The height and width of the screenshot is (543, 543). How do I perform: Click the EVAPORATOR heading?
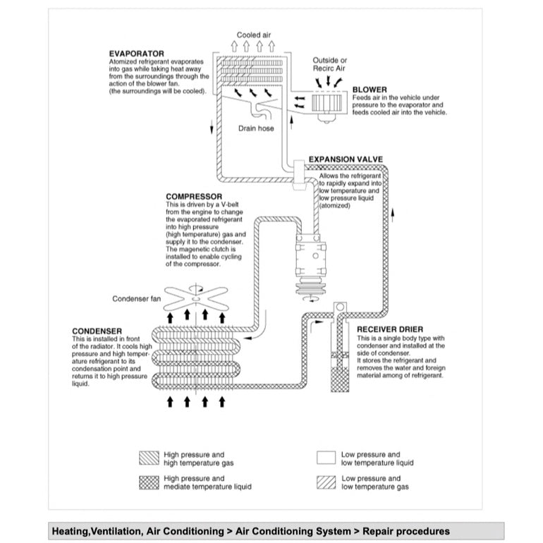pos(136,54)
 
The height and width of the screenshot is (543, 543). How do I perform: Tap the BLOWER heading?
pos(369,90)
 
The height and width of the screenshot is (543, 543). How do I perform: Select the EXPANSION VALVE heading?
pos(345,159)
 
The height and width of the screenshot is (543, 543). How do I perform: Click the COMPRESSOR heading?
pos(193,197)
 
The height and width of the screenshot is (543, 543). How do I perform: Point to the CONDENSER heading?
pos(97,331)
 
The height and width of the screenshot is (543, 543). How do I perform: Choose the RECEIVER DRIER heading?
pos(389,329)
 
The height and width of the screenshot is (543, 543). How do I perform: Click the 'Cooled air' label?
pos(254,35)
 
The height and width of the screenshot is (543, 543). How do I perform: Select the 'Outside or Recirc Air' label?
pos(329,65)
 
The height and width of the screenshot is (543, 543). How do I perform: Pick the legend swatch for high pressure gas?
pos(149,458)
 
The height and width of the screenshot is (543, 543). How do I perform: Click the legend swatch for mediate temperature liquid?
pos(149,482)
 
